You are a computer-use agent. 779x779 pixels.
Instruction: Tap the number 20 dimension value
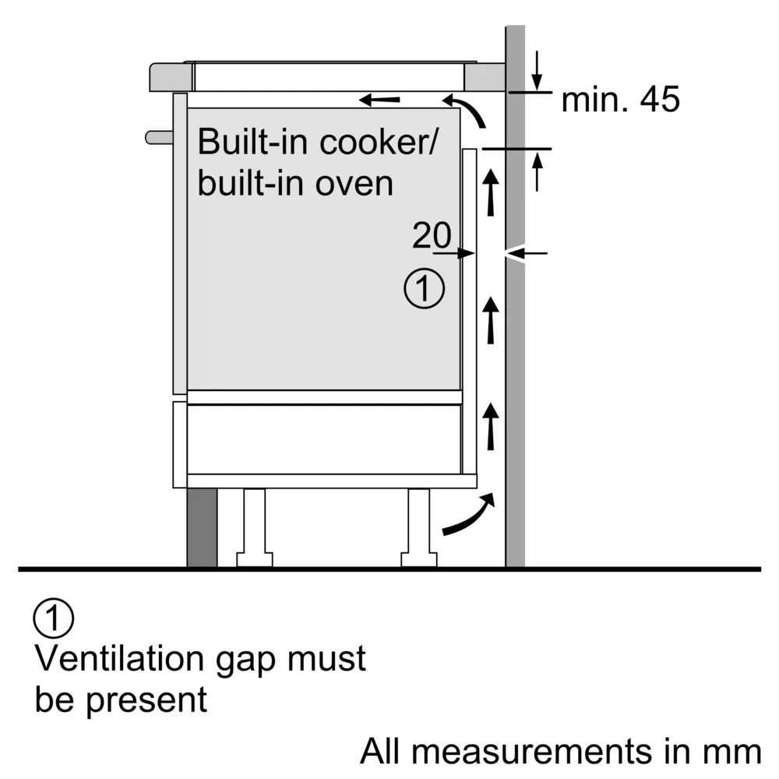point(432,235)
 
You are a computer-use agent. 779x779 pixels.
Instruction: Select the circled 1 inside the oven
point(424,289)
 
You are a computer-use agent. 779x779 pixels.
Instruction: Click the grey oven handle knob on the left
point(159,137)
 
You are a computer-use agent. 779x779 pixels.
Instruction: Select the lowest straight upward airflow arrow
point(491,426)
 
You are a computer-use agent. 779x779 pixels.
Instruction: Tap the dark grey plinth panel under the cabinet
point(202,527)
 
